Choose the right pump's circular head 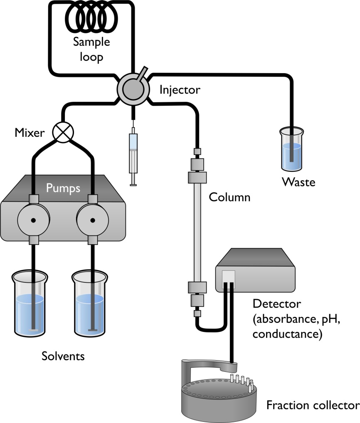point(92,220)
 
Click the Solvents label point(63,356)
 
